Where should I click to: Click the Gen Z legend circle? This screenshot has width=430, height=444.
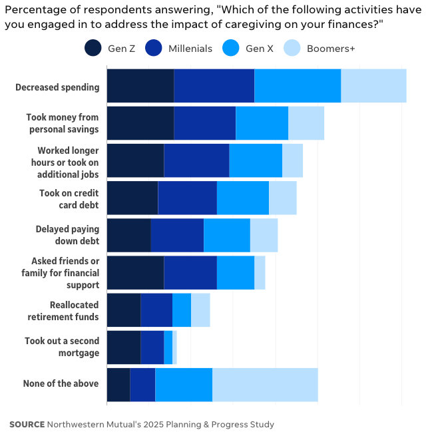tap(93, 48)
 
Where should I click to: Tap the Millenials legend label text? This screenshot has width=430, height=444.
tap(190, 49)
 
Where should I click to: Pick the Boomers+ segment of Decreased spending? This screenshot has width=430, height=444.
tap(373, 86)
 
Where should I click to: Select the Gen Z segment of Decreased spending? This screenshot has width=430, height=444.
tap(140, 86)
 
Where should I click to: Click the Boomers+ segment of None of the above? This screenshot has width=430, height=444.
tap(265, 384)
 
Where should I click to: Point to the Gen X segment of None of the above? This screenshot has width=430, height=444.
tap(184, 384)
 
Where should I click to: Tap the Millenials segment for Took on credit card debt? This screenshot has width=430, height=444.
tap(187, 198)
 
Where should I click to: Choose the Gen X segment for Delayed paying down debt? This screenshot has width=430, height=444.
tap(226, 235)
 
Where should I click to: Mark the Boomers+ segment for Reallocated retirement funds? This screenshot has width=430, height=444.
tap(200, 310)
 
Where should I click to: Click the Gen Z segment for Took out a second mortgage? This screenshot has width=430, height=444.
tap(123, 347)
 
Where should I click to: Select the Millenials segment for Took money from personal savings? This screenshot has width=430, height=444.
tap(204, 123)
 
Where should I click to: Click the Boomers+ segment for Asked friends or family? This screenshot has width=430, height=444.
tap(260, 272)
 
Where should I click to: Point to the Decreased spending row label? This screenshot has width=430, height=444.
tap(57, 87)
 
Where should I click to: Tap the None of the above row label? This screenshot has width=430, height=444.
tap(61, 383)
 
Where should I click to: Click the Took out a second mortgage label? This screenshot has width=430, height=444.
tap(62, 347)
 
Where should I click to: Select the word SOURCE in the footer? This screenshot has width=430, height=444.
tap(27, 425)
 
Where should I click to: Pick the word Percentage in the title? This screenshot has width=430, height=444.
tap(32, 9)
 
